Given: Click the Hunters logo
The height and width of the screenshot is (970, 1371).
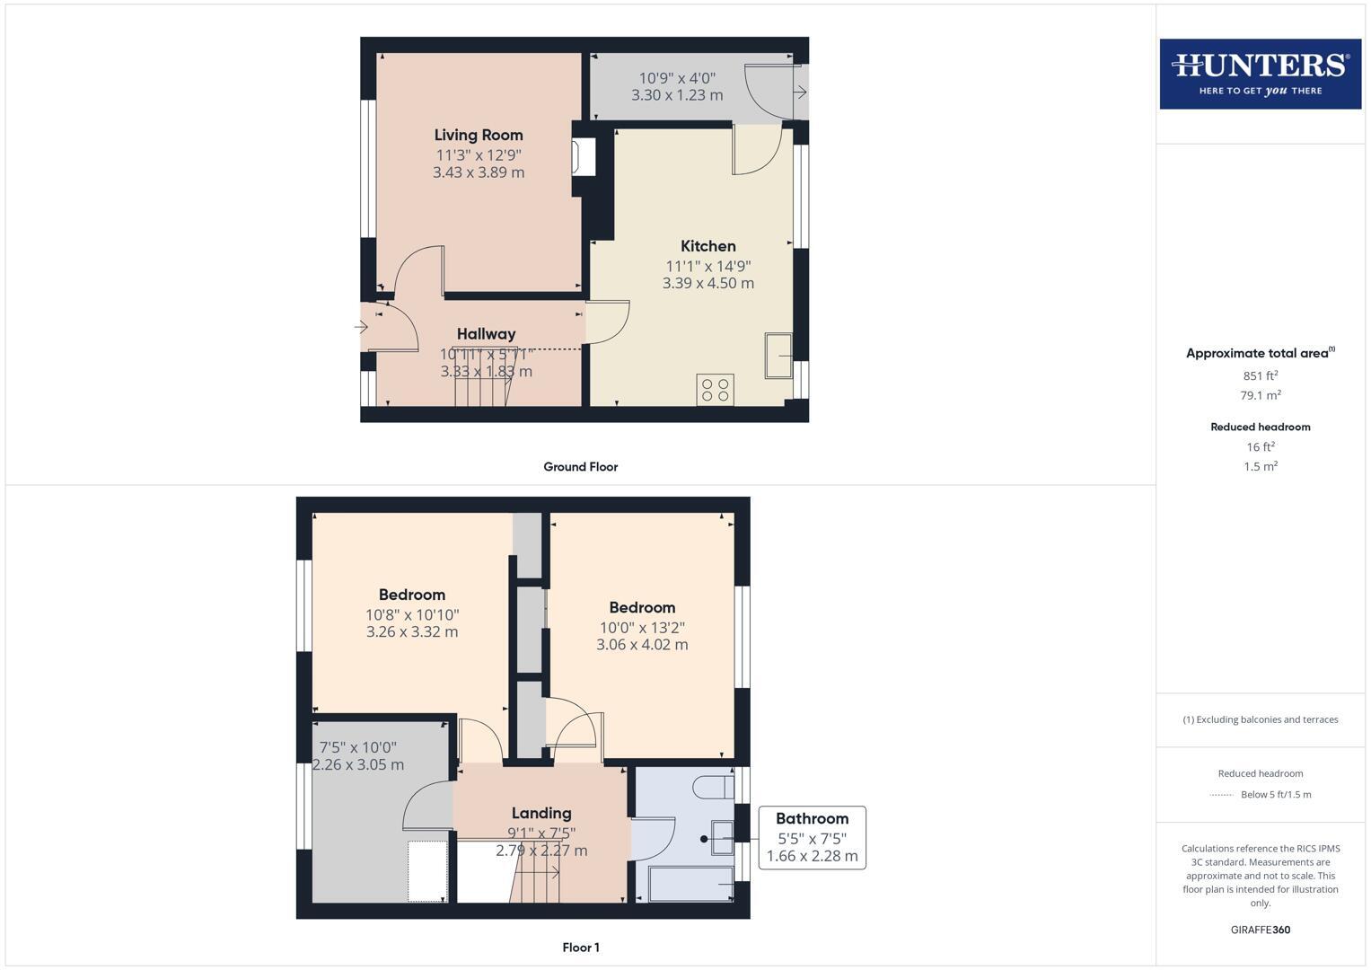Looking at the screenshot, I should [1260, 74].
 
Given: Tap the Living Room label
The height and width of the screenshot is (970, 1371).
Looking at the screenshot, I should [479, 136].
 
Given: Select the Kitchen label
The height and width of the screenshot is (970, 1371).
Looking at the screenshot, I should [707, 246].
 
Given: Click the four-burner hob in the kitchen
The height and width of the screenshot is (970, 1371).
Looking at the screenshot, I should [715, 390].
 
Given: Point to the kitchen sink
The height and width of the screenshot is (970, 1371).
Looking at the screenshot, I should [778, 356].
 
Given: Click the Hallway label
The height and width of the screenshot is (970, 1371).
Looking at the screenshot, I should [486, 334].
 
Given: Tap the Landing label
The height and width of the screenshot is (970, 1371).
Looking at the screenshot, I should [541, 814].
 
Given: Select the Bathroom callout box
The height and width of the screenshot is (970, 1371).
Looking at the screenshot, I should [812, 837].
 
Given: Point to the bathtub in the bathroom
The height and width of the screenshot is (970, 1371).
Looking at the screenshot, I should [690, 884].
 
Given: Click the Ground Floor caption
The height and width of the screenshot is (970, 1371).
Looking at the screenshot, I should [580, 467].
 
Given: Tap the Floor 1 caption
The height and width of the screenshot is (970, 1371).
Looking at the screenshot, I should [580, 948].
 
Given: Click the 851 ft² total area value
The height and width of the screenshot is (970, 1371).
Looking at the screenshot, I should [1260, 376].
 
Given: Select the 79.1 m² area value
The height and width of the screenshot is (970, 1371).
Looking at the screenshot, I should [1260, 395].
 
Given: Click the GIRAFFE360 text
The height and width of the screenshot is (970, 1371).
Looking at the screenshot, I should [1260, 930].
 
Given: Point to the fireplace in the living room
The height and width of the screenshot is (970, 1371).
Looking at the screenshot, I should [584, 157].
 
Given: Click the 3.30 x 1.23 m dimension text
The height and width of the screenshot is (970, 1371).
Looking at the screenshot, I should [677, 95].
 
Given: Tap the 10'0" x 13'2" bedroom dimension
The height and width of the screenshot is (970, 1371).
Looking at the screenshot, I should [642, 628].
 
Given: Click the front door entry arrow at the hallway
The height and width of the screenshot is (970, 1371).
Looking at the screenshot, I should [362, 327].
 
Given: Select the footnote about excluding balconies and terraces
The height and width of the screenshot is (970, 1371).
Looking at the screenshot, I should [1260, 719].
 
